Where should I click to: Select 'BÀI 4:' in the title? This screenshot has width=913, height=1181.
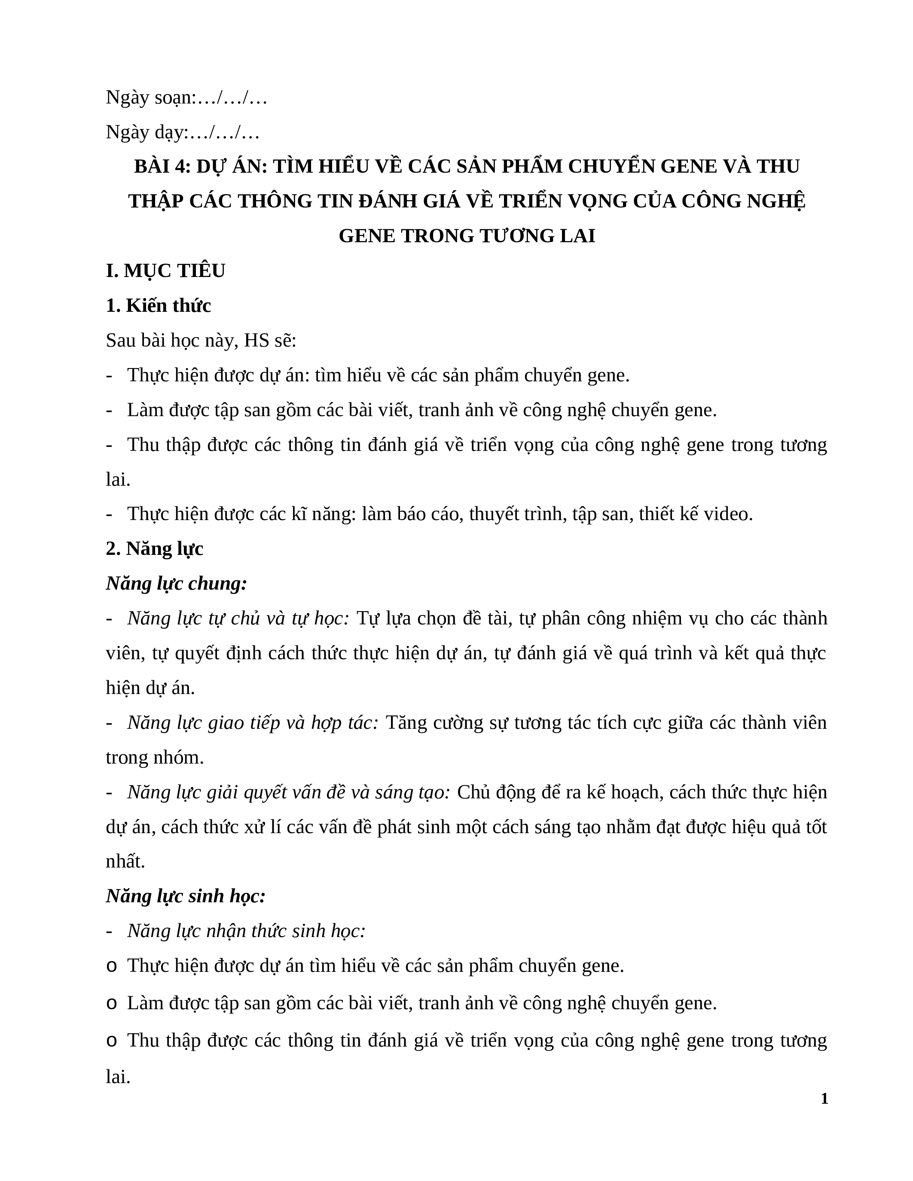click(162, 167)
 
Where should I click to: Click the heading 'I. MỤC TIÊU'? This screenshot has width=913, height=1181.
click(165, 271)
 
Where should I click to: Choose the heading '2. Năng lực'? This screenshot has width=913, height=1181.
click(155, 549)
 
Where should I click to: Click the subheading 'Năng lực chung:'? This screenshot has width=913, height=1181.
click(176, 584)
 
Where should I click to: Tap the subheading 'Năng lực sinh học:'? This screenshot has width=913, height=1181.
click(186, 896)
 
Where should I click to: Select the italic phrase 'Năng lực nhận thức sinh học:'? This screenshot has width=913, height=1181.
click(247, 931)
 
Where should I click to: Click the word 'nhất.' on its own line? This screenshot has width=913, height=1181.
click(125, 861)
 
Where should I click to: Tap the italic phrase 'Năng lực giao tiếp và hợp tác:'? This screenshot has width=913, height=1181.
click(253, 723)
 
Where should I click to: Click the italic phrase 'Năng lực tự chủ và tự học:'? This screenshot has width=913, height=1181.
click(238, 618)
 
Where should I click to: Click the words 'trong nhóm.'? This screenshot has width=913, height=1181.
click(155, 758)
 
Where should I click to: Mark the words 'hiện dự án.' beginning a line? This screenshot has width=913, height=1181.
click(150, 688)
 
